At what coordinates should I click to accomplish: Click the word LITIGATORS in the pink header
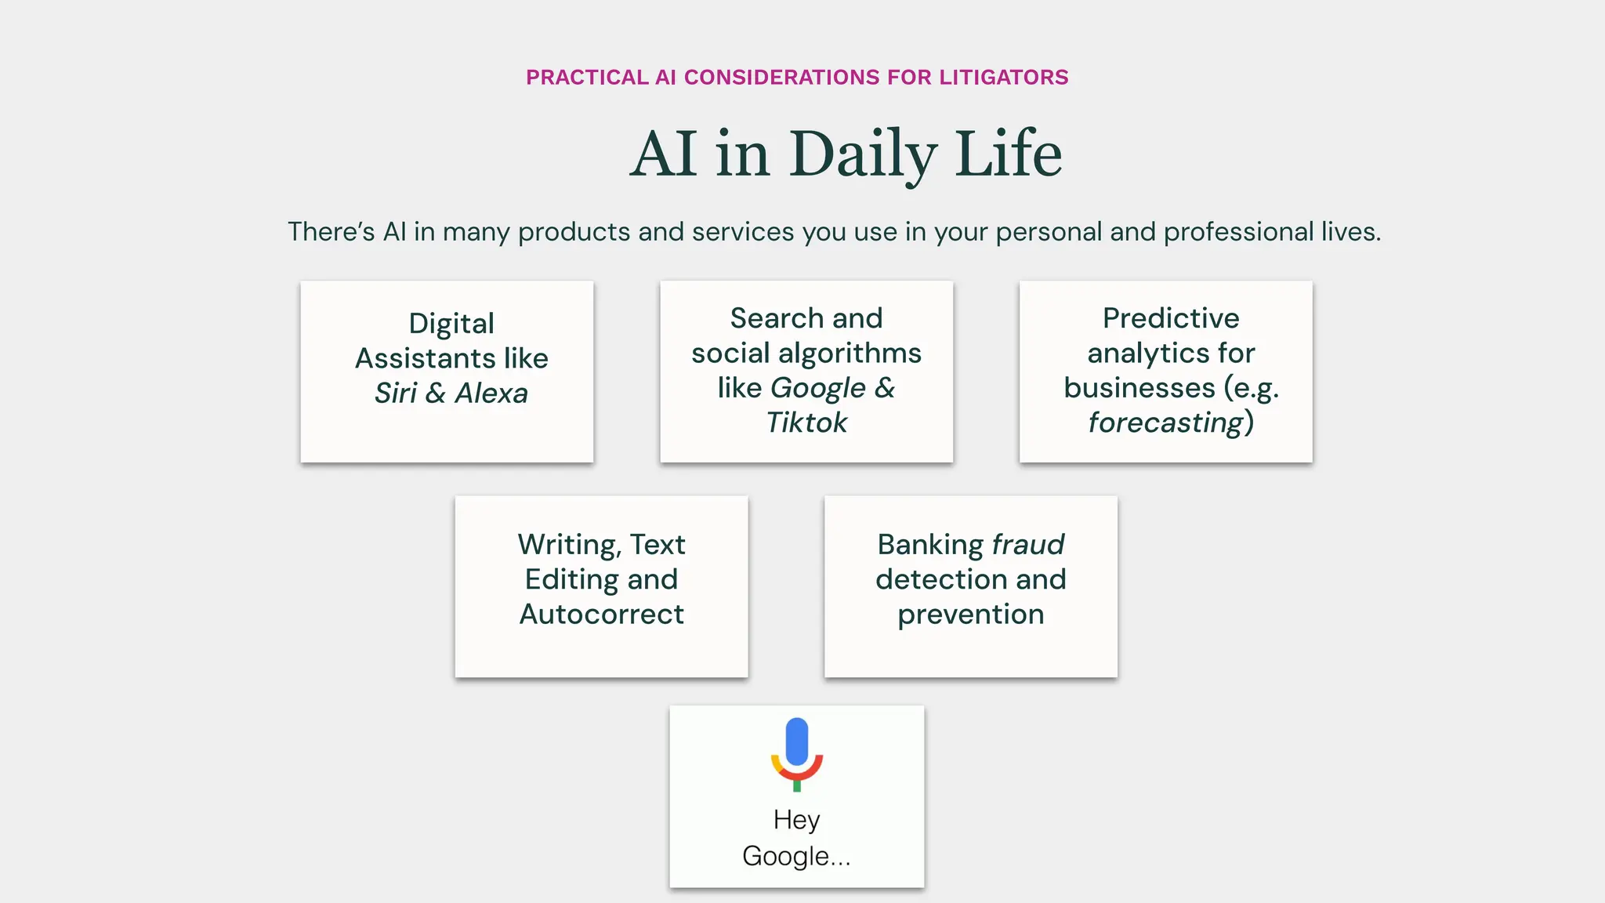[1004, 77]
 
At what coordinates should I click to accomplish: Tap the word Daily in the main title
[863, 154]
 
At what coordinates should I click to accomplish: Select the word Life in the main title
[1009, 154]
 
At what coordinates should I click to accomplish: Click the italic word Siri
[396, 393]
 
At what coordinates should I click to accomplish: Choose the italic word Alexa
[491, 393]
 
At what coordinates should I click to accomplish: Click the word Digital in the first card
[451, 324]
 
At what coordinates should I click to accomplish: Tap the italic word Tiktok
[806, 422]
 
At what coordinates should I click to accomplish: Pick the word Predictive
[1171, 318]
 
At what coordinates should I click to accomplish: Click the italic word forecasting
[1165, 422]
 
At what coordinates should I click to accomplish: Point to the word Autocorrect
[602, 614]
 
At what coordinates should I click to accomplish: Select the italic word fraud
[1028, 545]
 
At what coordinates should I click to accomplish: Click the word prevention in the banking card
[970, 614]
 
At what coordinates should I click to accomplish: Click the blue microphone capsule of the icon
[797, 741]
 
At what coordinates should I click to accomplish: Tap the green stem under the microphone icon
[797, 785]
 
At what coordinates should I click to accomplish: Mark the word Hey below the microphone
[796, 820]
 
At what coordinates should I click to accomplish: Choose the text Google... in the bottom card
[796, 856]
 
